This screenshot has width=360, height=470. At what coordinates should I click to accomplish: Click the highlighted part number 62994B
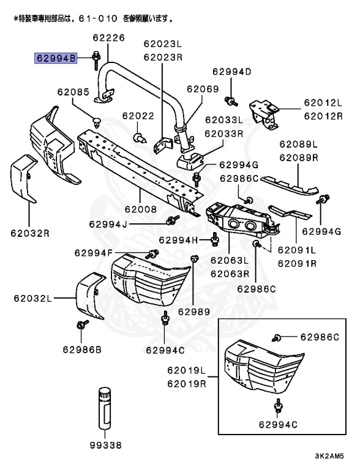(56, 59)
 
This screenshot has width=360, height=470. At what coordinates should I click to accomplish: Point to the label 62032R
(29, 233)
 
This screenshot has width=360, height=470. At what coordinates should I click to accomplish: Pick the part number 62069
(203, 89)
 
